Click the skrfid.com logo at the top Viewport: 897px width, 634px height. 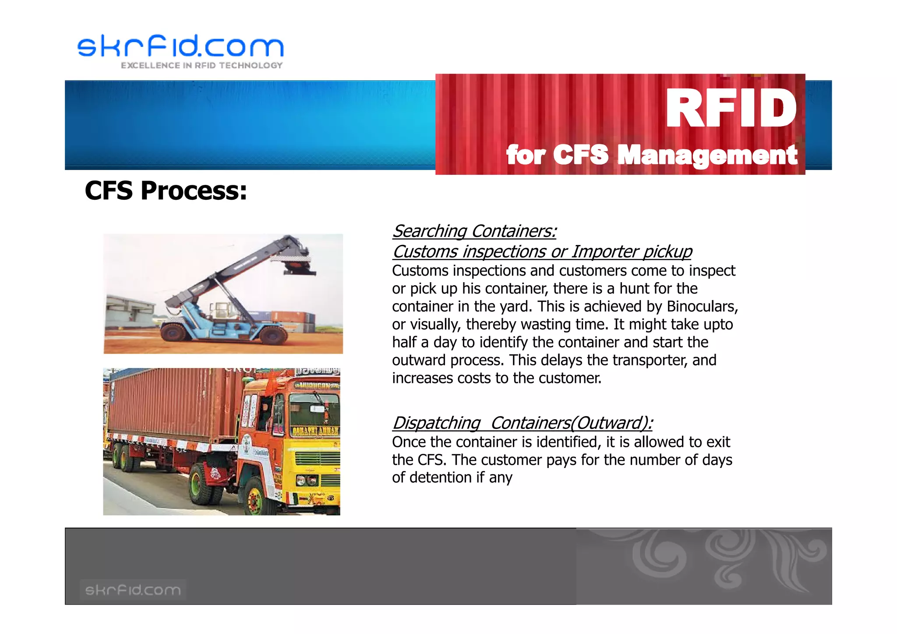180,46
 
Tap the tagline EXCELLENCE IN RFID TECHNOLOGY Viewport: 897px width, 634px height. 202,66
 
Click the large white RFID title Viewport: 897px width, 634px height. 730,108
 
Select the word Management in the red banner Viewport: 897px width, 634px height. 707,155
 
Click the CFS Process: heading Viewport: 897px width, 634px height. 166,191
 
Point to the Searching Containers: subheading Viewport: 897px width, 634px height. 474,231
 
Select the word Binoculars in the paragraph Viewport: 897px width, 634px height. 701,306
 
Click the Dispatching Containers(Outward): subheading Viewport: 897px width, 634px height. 522,423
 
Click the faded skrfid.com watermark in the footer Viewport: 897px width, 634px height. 133,590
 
